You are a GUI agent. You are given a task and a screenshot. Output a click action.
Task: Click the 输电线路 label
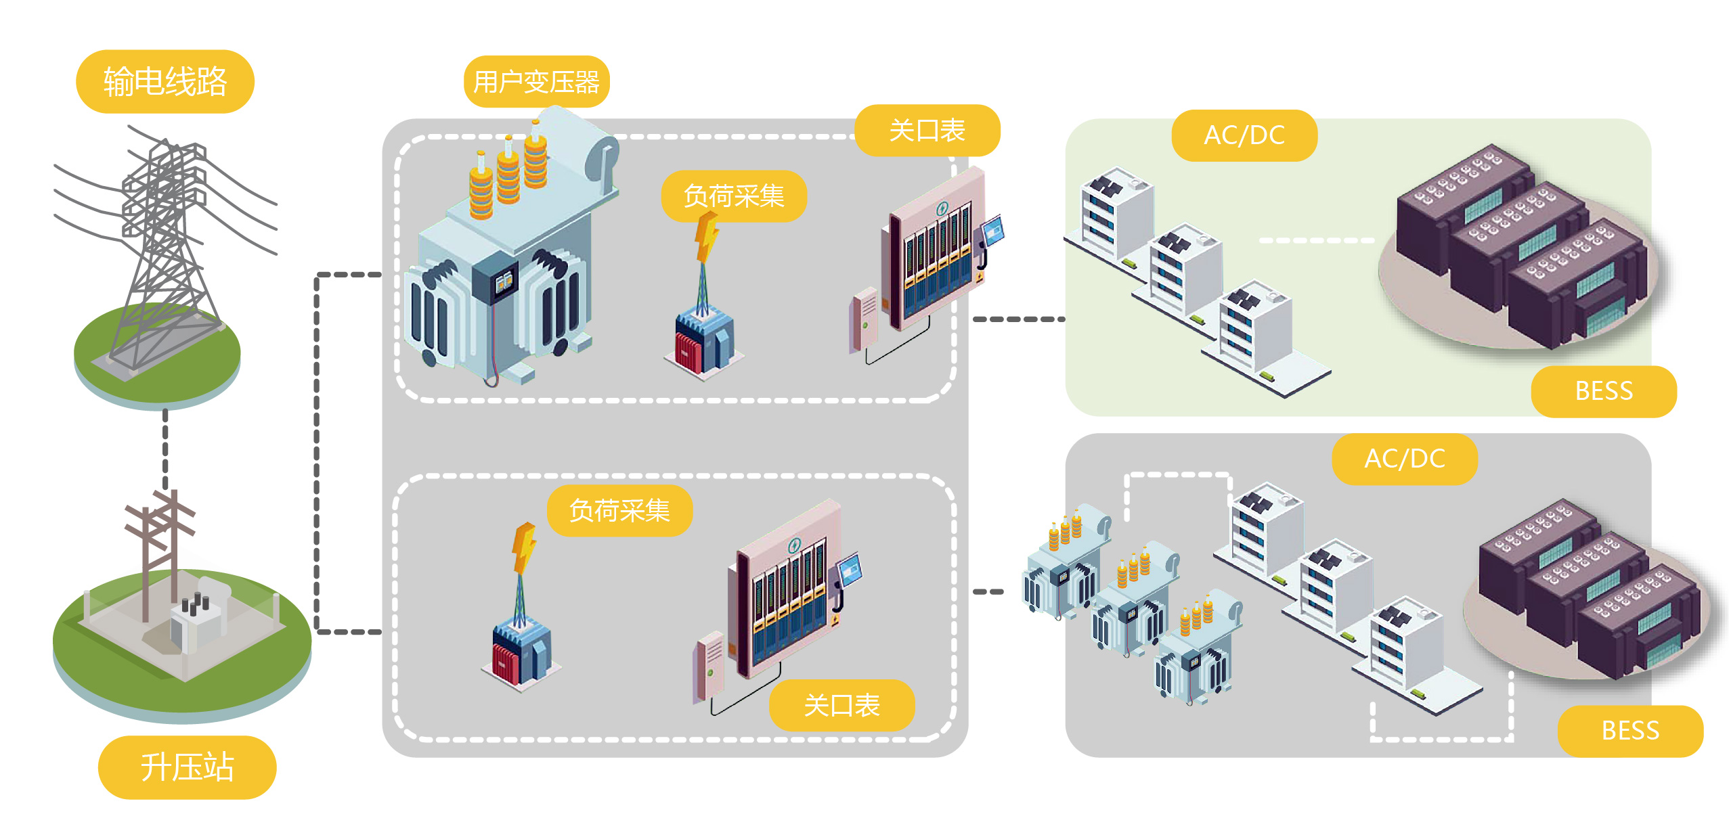(x=165, y=82)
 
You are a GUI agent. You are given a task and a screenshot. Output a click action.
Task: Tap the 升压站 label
(x=187, y=767)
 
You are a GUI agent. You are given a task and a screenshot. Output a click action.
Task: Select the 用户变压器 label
(x=536, y=82)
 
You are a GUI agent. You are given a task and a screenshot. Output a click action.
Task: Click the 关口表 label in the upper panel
(x=927, y=131)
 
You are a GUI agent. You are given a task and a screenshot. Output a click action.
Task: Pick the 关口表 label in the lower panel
(x=841, y=705)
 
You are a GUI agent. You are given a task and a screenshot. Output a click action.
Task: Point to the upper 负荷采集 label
(x=734, y=196)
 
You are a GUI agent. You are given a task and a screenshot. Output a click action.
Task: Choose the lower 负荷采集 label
(x=619, y=511)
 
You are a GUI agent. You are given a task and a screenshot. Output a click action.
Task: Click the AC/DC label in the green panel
(x=1244, y=135)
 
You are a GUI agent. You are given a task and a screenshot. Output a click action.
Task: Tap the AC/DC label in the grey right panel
(x=1405, y=459)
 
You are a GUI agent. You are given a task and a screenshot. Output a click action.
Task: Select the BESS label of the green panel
(x=1604, y=391)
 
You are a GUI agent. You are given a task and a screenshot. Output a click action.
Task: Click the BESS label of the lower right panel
(x=1630, y=731)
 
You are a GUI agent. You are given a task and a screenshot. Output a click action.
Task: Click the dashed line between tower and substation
(x=165, y=450)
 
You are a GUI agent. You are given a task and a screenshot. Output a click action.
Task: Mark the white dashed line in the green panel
(x=1316, y=240)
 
